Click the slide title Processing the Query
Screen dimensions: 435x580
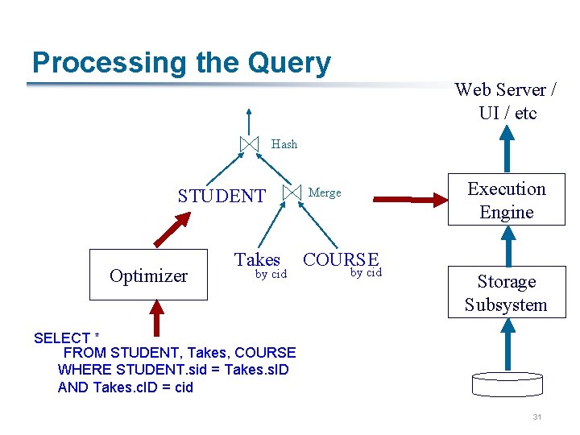click(181, 63)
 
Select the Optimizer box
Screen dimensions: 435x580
click(148, 275)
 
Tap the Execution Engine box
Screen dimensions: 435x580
click(507, 201)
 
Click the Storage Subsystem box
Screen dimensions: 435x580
click(507, 292)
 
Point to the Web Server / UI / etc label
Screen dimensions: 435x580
click(507, 101)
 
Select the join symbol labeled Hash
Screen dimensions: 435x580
click(250, 144)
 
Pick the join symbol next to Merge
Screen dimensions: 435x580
click(291, 193)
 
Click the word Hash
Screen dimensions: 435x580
click(284, 144)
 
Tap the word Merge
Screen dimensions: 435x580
click(325, 193)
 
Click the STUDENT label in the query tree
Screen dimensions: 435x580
click(222, 196)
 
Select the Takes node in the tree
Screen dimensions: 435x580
click(257, 259)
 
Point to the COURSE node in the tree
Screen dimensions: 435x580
click(341, 259)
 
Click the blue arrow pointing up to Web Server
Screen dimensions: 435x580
click(507, 148)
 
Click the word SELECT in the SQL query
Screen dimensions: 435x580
click(61, 338)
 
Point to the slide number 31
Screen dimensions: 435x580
click(537, 417)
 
